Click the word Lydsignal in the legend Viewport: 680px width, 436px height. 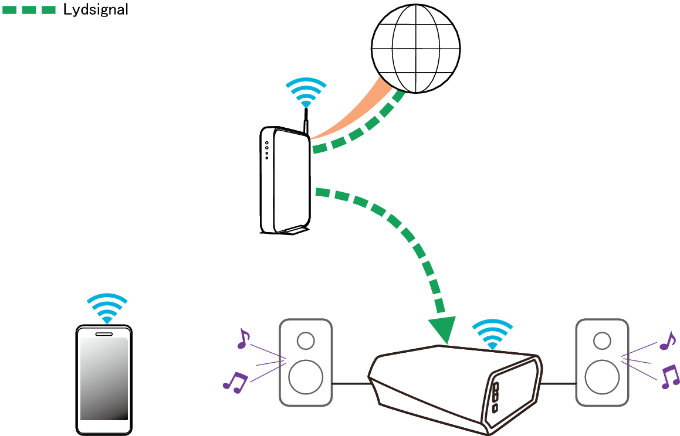96,9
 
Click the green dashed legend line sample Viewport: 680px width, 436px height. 29,9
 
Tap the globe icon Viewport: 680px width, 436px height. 415,48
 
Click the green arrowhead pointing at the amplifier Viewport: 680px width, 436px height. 441,329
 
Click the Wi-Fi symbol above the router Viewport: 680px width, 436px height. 306,92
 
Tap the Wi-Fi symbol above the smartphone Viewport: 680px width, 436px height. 107,308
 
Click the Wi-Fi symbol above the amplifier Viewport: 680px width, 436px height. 492,335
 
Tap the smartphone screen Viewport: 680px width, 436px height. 104,378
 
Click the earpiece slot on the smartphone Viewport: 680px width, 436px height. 104,334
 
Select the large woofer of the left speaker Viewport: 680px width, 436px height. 305,376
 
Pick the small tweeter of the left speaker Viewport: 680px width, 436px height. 305,340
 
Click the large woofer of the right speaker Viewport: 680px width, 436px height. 601,376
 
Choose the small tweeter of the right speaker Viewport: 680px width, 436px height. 601,340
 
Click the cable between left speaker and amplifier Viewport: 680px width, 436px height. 350,384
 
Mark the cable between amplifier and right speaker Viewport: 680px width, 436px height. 558,384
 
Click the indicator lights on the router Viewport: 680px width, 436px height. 267,150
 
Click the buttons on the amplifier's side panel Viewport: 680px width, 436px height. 496,397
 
